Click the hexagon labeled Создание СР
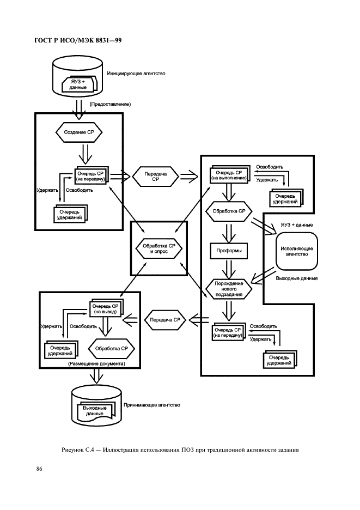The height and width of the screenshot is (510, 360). pos(79,132)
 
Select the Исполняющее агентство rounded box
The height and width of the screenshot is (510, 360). pos(297,251)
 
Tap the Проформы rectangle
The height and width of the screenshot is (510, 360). pos(229,251)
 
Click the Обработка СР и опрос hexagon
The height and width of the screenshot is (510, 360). pos(158,249)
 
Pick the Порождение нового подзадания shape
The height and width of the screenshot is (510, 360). pos(229,289)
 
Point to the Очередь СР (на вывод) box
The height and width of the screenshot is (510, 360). pos(106,308)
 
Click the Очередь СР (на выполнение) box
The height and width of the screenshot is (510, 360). pos(230,175)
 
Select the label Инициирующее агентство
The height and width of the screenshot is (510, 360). pos(136,74)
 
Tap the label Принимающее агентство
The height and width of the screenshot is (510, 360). pos(152,405)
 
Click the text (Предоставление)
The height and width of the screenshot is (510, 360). pos(110,104)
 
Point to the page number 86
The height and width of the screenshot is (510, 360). pos(39,469)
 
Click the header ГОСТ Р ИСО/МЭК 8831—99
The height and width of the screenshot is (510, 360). pos(78,41)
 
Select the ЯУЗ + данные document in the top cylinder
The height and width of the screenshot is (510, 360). pos(78,84)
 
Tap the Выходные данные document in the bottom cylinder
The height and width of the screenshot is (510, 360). pos(95,412)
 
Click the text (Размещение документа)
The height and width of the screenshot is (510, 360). pos(96,363)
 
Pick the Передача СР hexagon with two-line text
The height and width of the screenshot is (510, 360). pos(155,177)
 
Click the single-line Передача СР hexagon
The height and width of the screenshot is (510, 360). pos(165,320)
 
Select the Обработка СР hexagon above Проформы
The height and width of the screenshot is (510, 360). pos(229,211)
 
